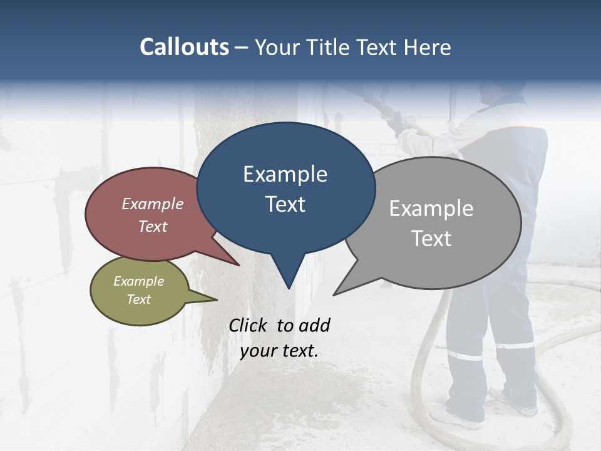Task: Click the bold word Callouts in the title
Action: (x=184, y=47)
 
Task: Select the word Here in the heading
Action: (x=426, y=47)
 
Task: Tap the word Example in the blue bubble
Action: (x=285, y=174)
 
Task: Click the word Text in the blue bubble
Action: (x=285, y=204)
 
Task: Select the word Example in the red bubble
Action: (x=152, y=204)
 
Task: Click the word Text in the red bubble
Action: (x=152, y=226)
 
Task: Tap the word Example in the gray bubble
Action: (x=431, y=209)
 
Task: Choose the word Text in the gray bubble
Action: (x=431, y=239)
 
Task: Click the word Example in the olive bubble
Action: (x=138, y=281)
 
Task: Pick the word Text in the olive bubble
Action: (x=138, y=299)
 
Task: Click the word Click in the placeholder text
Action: (x=249, y=325)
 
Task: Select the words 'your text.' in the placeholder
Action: (x=279, y=351)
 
